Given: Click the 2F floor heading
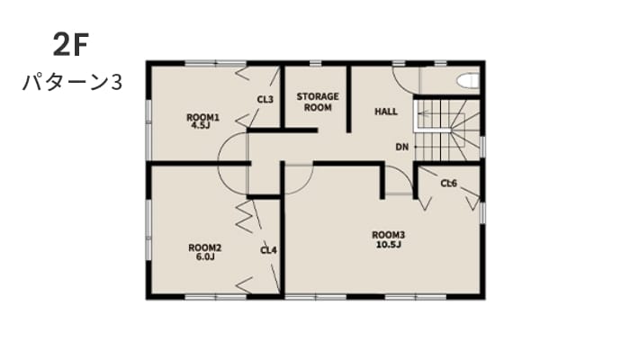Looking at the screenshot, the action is [x=71, y=45].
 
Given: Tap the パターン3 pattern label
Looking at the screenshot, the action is [x=72, y=83].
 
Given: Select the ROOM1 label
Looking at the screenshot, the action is [x=202, y=117].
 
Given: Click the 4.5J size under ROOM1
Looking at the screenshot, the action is [x=201, y=125].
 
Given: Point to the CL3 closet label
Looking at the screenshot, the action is [x=265, y=99].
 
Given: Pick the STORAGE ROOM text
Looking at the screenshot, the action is [x=318, y=102].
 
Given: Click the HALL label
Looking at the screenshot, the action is [x=386, y=112].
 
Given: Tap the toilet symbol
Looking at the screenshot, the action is [x=469, y=80].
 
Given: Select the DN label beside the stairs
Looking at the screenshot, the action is [x=402, y=147].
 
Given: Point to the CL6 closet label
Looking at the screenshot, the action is [x=449, y=184].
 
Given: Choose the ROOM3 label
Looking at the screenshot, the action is [x=389, y=235].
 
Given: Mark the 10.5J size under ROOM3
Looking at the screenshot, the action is [x=389, y=244].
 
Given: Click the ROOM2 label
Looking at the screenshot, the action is [x=205, y=247].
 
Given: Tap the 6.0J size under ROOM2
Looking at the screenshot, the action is [x=205, y=256].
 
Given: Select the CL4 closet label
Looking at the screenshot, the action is [x=268, y=251].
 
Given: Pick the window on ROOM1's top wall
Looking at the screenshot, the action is [x=216, y=63].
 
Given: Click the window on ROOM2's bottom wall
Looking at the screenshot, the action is [x=216, y=297].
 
